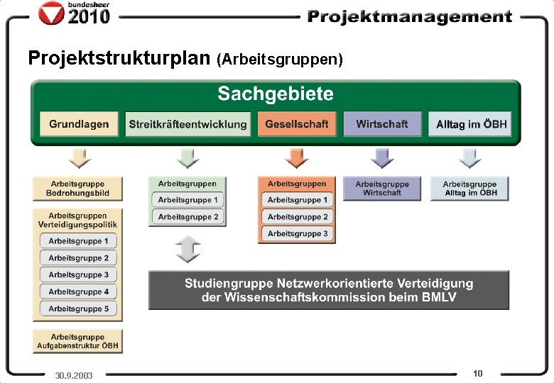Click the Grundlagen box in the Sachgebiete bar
pyautogui.click(x=78, y=124)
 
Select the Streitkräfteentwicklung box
pyautogui.click(x=188, y=124)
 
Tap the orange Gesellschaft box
pyautogui.click(x=297, y=124)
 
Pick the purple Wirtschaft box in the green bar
pyautogui.click(x=382, y=124)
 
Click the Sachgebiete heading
pyautogui.click(x=276, y=94)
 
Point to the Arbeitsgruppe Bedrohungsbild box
pyautogui.click(x=77, y=189)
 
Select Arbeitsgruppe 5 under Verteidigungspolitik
pyautogui.click(x=79, y=309)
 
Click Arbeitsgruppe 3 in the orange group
pyautogui.click(x=298, y=233)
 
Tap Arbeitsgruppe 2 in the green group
pyautogui.click(x=188, y=216)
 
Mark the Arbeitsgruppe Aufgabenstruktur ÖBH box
pyautogui.click(x=77, y=342)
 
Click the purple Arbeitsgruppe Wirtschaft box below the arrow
pyautogui.click(x=382, y=188)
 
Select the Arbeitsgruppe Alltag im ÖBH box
pyautogui.click(x=469, y=188)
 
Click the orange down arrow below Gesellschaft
pyautogui.click(x=297, y=157)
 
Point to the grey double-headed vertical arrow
pyautogui.click(x=188, y=249)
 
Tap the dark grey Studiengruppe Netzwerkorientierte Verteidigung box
pyautogui.click(x=329, y=290)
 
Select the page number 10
pyautogui.click(x=477, y=373)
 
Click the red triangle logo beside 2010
pyautogui.click(x=52, y=12)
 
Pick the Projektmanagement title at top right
pyautogui.click(x=409, y=16)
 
